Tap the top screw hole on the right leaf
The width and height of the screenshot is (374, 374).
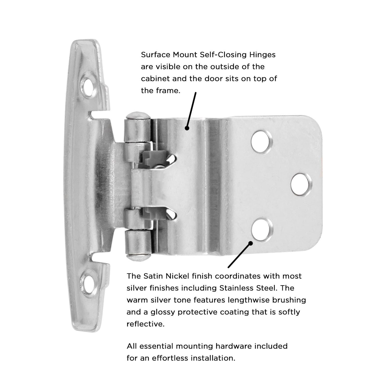coord(262,141)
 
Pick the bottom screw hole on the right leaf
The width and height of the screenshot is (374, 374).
coord(262,228)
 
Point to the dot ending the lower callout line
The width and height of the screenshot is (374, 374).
coord(251,243)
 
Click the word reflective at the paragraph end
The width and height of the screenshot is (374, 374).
coord(145,324)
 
